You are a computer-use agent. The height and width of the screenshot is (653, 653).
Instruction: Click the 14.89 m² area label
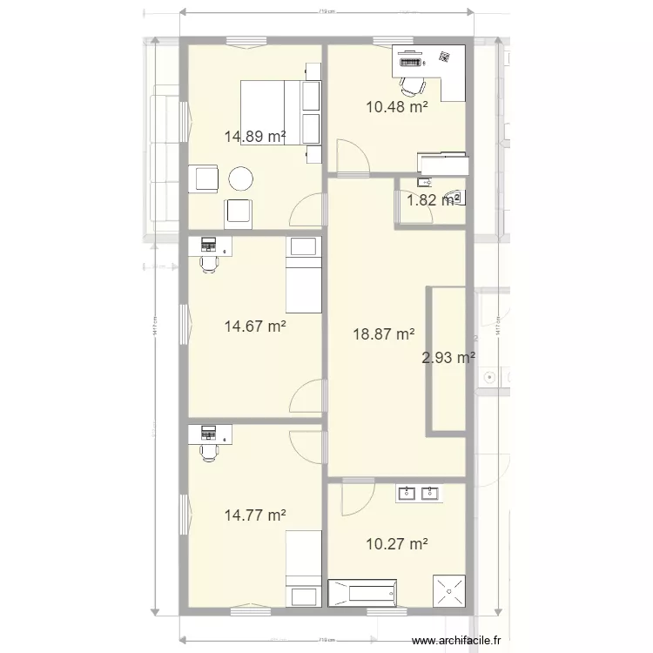[255, 136]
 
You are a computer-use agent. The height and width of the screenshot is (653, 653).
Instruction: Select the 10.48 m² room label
[396, 108]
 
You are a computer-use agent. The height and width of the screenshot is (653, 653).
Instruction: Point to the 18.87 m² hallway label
[383, 333]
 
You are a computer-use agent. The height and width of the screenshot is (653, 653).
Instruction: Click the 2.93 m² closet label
[448, 357]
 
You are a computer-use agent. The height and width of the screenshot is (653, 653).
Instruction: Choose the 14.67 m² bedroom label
[255, 326]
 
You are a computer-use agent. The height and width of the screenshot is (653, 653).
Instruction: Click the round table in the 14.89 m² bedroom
[241, 179]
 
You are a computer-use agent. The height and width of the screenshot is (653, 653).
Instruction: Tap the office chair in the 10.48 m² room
[413, 84]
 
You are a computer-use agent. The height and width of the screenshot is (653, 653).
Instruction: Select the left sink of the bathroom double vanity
[407, 494]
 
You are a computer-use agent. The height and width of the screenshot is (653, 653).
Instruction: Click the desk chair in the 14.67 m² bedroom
[207, 264]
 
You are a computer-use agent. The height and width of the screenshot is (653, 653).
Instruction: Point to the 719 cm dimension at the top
[327, 12]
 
